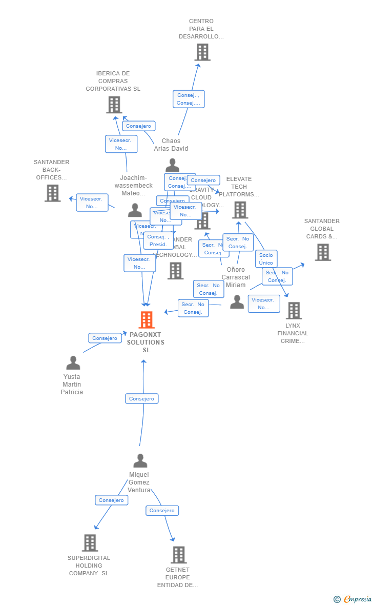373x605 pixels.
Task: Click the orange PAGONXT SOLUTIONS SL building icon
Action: point(147,320)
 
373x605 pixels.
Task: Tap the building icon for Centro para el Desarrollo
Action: point(202,52)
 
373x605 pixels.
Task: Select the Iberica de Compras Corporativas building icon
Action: point(114,105)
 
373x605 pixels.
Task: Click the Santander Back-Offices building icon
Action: point(52,193)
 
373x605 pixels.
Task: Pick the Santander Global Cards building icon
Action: point(322,252)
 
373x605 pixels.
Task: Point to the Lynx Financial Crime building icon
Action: point(294,311)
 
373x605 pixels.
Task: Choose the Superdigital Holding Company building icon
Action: point(90,543)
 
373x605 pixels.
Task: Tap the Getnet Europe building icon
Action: point(178,555)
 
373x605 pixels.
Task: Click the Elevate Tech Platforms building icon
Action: point(240,210)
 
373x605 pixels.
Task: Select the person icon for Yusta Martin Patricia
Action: point(73,363)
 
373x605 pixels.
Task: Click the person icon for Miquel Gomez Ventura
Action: point(140,461)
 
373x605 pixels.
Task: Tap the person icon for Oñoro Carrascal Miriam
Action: point(237,302)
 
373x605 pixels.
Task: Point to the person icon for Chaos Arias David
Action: point(173,165)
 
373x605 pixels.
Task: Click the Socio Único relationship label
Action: point(266,259)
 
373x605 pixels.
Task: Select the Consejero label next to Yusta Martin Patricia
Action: point(105,338)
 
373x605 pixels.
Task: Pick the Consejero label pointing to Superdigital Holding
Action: point(111,500)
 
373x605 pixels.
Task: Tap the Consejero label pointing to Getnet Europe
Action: point(162,511)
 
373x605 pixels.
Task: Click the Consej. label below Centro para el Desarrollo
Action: point(189,99)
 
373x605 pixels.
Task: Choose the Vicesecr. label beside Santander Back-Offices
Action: point(92,203)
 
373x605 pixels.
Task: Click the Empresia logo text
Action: point(357,599)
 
